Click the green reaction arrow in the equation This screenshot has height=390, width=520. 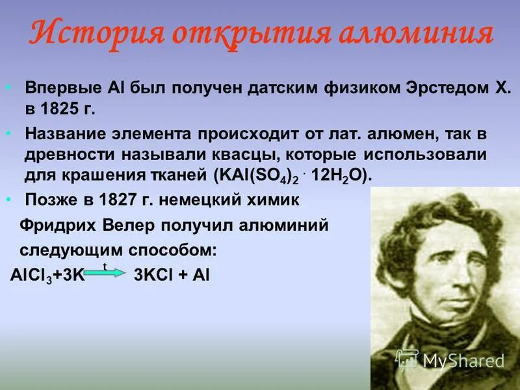pos(104,274)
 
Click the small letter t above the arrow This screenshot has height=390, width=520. pos(105,266)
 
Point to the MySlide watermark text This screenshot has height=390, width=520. pos(463,360)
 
